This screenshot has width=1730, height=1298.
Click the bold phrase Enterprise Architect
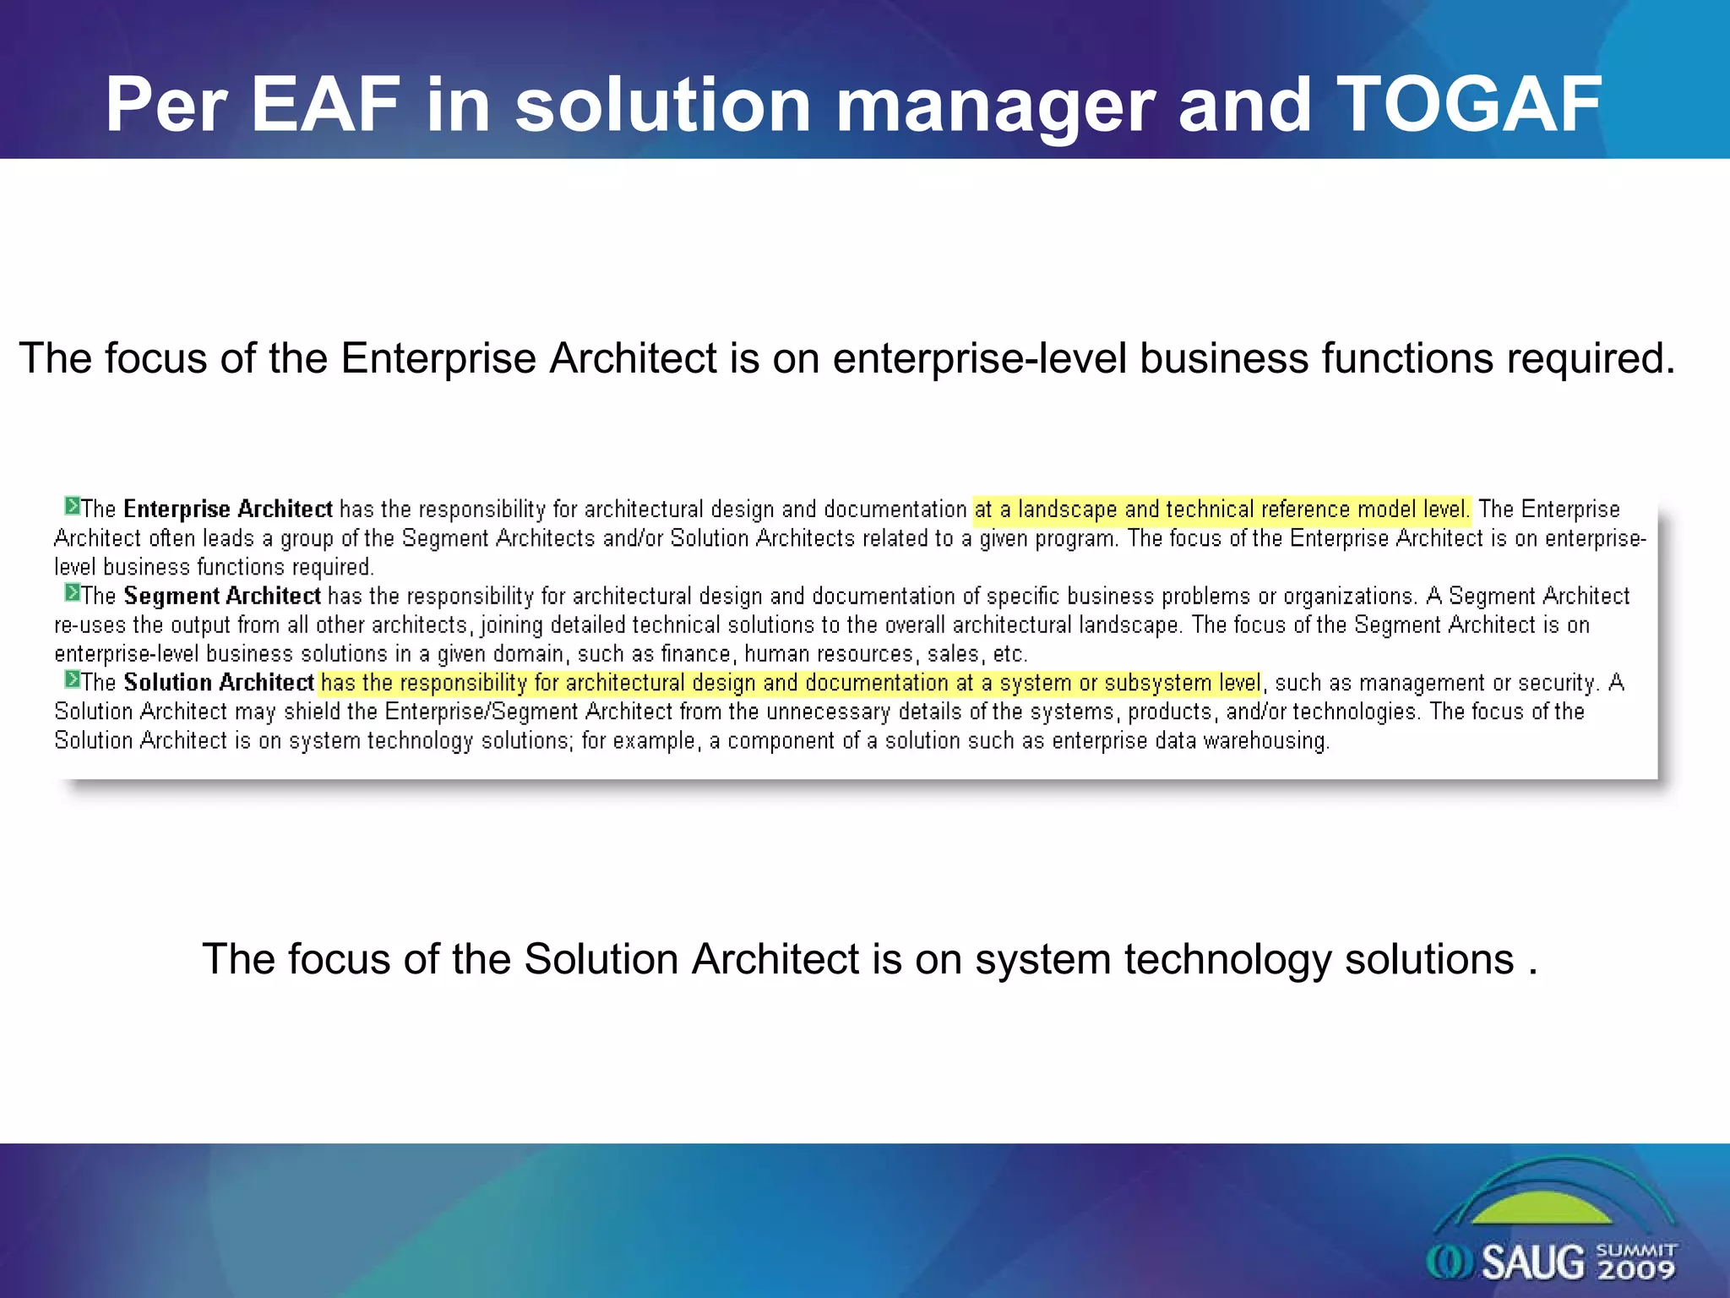[227, 509]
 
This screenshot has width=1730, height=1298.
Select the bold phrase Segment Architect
[221, 596]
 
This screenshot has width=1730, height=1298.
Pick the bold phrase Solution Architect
[219, 682]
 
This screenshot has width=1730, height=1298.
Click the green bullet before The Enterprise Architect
[72, 506]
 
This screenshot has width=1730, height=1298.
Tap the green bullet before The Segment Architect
[72, 593]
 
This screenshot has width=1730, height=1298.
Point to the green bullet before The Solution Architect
[72, 679]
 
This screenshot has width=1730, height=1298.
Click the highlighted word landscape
[1067, 510]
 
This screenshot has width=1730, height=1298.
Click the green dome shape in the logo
[1542, 1208]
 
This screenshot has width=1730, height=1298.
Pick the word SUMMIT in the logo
[1637, 1249]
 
